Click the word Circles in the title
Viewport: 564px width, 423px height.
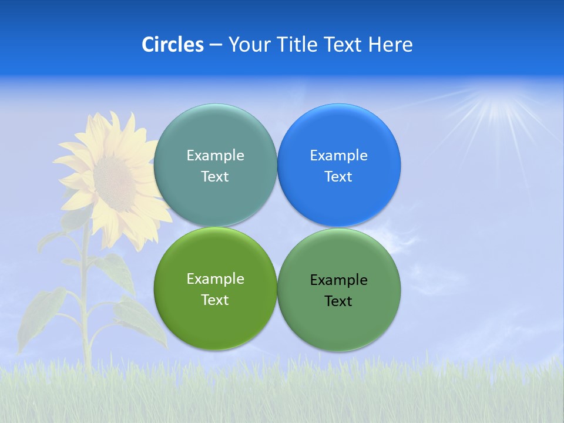click(x=172, y=45)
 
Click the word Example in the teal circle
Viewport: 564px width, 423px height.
click(x=215, y=155)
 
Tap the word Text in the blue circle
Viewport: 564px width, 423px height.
click(x=338, y=176)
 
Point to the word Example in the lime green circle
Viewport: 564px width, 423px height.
click(x=215, y=278)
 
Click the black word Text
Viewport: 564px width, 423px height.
click(x=338, y=301)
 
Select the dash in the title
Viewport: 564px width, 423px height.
click(x=216, y=45)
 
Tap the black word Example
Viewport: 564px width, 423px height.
click(x=338, y=280)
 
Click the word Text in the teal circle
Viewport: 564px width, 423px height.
click(x=215, y=176)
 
